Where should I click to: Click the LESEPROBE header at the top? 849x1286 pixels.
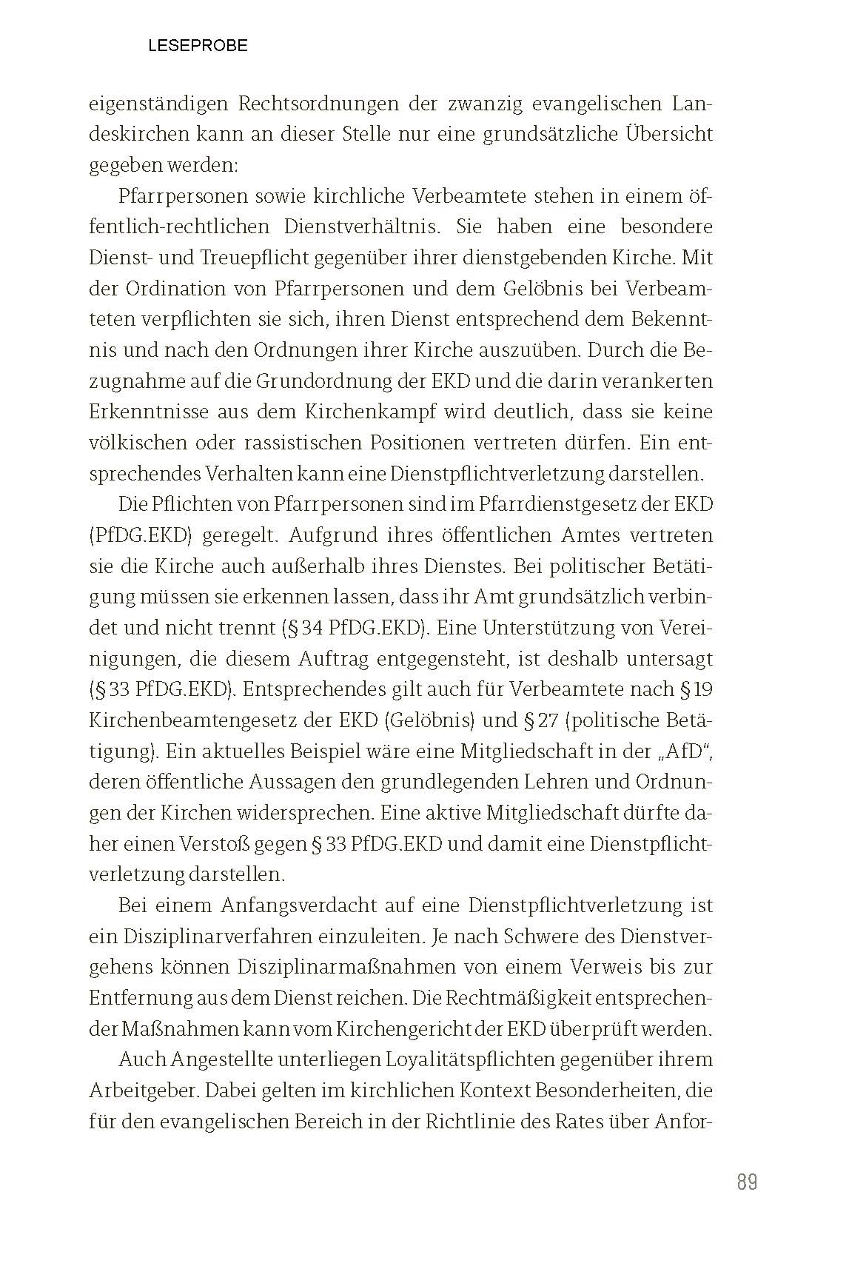(x=198, y=46)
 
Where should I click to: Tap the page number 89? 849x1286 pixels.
(x=747, y=1182)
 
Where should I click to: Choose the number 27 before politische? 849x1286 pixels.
(x=548, y=720)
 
